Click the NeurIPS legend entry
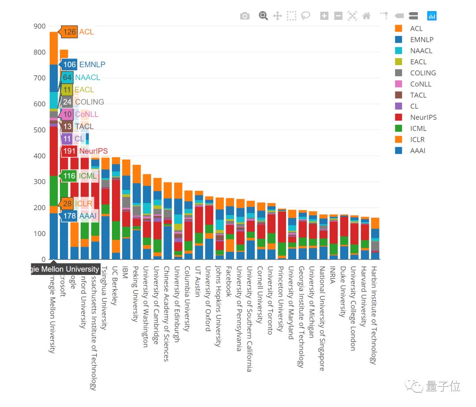tap(423, 117)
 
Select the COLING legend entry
tap(422, 73)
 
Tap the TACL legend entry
tap(418, 95)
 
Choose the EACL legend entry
tap(418, 62)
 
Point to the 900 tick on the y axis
tap(39, 26)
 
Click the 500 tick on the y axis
tap(39, 130)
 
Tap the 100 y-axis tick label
tap(39, 233)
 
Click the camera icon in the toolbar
tap(245, 16)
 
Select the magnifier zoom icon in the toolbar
tap(263, 16)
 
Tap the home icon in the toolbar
tap(366, 16)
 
